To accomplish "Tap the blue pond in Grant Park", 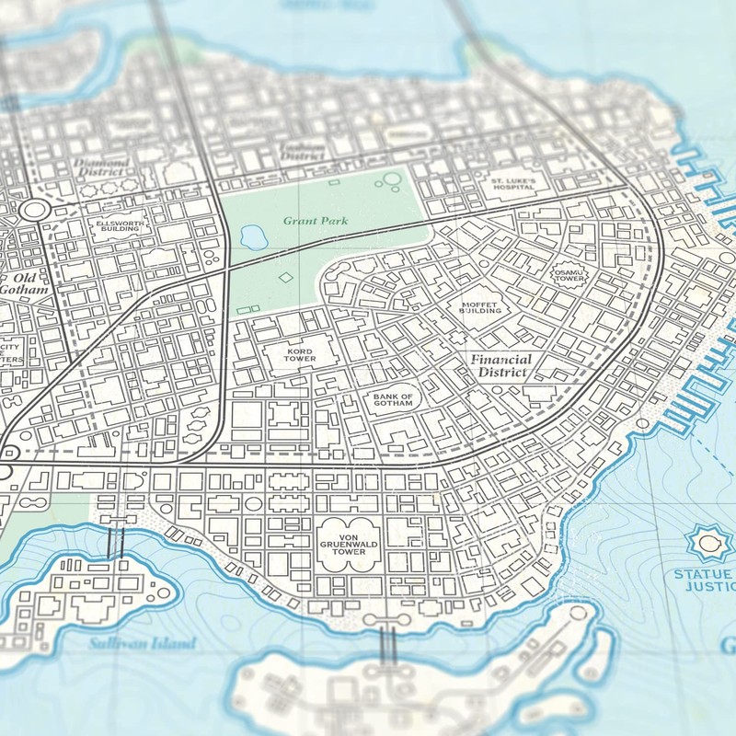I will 250,238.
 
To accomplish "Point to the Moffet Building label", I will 479,307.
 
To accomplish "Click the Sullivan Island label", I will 143,644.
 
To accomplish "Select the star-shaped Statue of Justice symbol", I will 708,544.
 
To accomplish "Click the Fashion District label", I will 303,152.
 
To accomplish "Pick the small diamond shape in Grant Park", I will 285,277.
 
